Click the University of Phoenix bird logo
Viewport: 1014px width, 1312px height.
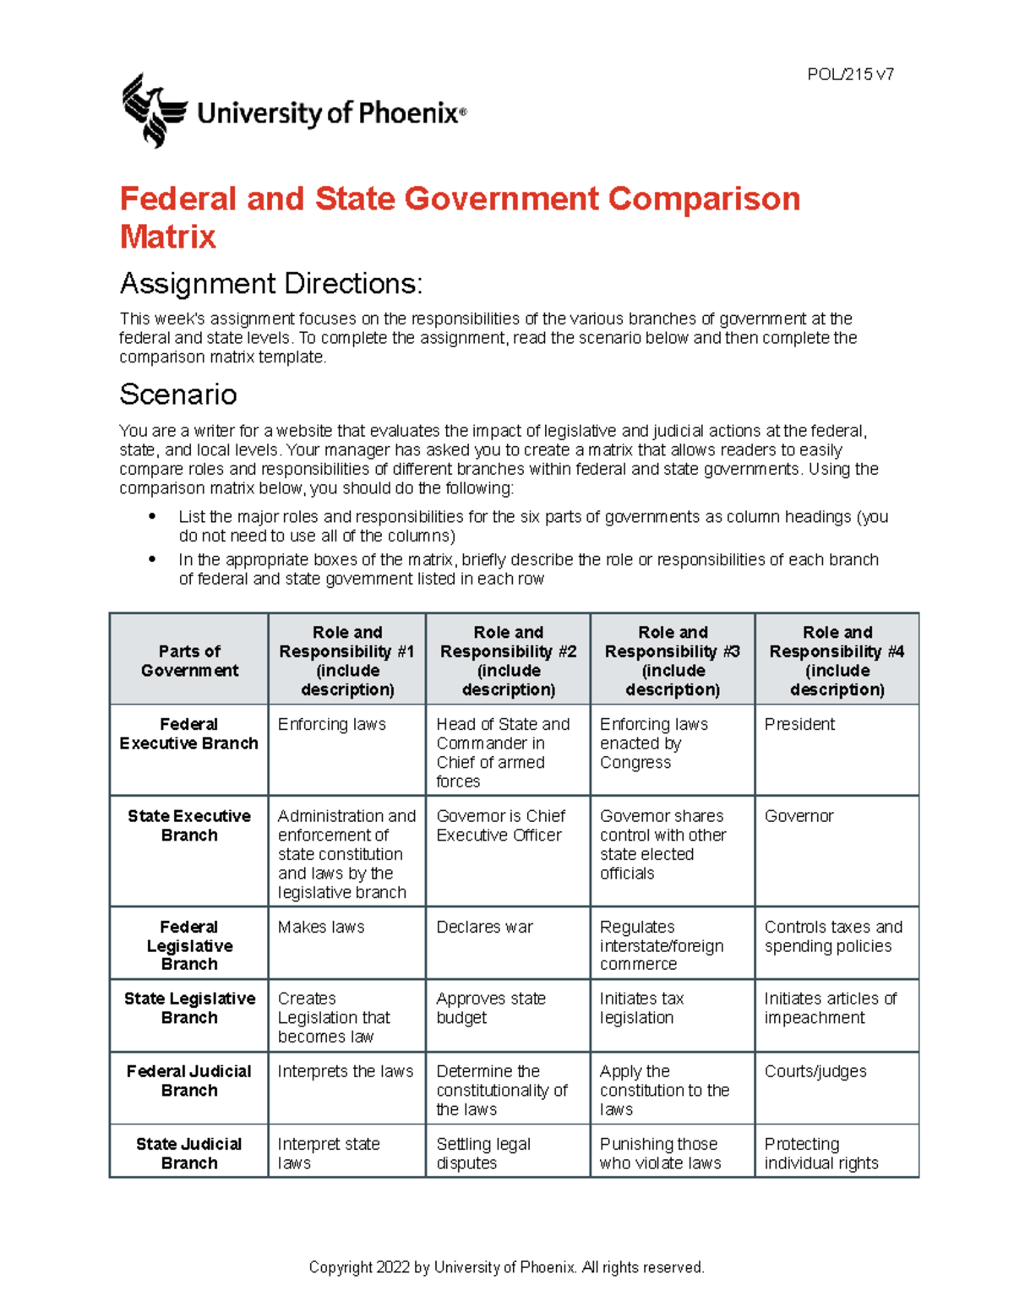153,111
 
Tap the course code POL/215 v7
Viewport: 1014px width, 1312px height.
850,74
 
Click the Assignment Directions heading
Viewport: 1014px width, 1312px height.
270,284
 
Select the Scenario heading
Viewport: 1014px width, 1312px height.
178,395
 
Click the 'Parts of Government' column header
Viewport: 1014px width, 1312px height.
189,661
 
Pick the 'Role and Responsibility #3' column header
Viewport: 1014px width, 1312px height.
673,661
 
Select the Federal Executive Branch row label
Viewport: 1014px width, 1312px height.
189,733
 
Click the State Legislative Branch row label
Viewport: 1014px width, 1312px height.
189,1008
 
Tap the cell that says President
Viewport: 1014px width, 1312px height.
799,725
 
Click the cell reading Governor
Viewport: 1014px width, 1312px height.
799,816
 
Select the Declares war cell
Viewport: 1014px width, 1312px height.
485,927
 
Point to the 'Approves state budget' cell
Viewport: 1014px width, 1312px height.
491,1008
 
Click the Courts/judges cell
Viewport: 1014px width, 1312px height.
815,1071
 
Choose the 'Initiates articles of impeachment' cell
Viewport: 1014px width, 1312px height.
830,1008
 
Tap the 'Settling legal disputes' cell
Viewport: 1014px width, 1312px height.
483,1153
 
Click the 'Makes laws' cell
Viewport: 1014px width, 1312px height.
321,927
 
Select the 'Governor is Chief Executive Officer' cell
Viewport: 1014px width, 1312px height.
500,825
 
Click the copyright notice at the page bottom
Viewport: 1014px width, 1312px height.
506,1267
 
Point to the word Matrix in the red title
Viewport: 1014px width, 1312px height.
168,237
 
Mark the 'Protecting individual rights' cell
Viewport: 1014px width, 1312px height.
820,1153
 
